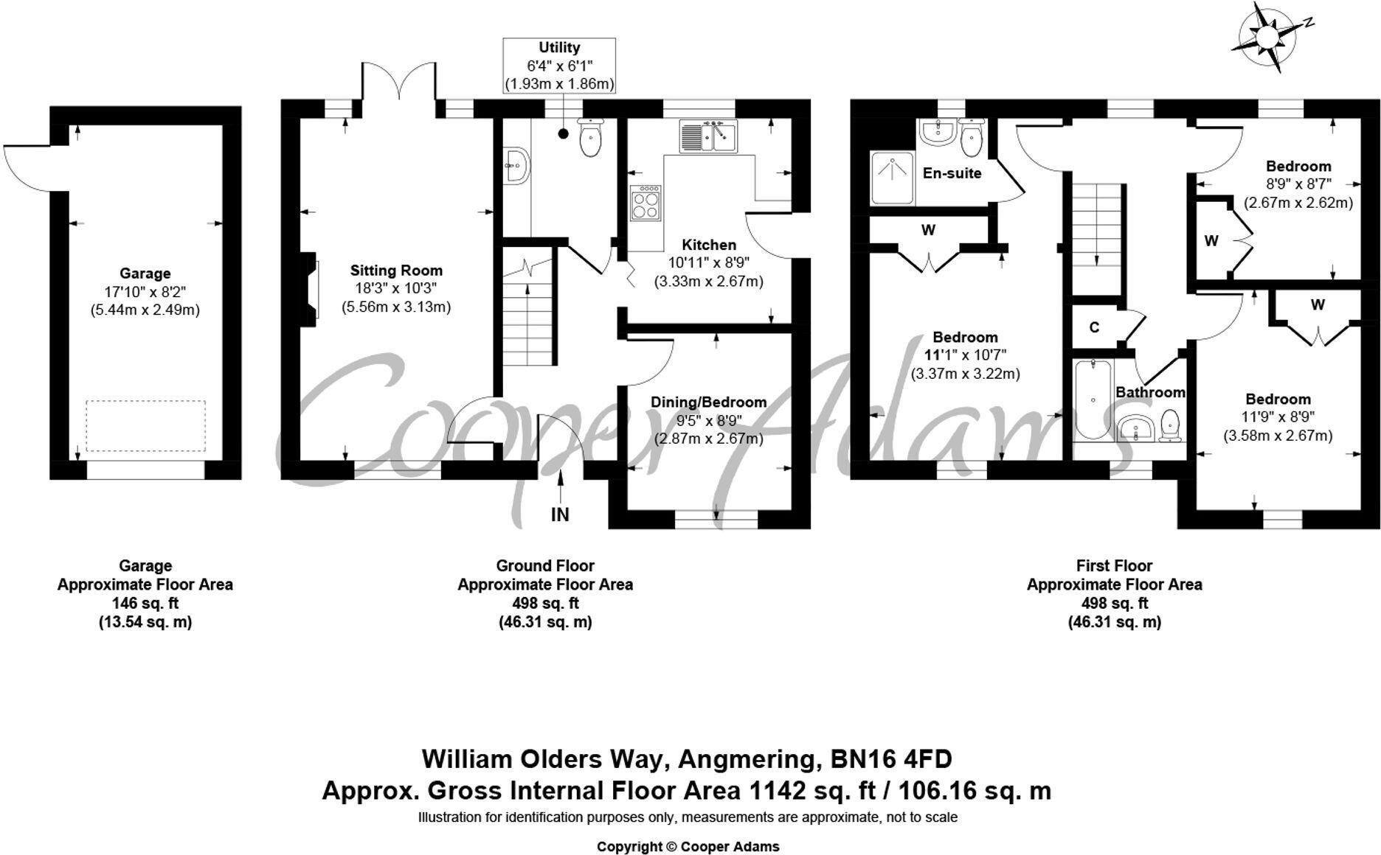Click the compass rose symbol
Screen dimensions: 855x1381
click(1266, 37)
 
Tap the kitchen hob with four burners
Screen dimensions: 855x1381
click(645, 202)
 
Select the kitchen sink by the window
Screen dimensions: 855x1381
click(708, 137)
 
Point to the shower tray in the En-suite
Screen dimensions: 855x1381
click(893, 177)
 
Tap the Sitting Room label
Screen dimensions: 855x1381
click(396, 271)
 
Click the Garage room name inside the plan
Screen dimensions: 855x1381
click(145, 273)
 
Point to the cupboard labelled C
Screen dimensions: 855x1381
click(1095, 327)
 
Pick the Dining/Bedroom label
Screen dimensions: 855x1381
click(708, 402)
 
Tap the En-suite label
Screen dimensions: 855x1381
click(952, 173)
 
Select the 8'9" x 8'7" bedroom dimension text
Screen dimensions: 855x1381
click(1298, 184)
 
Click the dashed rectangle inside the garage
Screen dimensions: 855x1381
click(145, 425)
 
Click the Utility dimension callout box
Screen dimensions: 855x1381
click(559, 66)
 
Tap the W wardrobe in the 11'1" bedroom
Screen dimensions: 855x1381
click(928, 230)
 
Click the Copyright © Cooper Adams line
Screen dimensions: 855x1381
click(688, 847)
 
